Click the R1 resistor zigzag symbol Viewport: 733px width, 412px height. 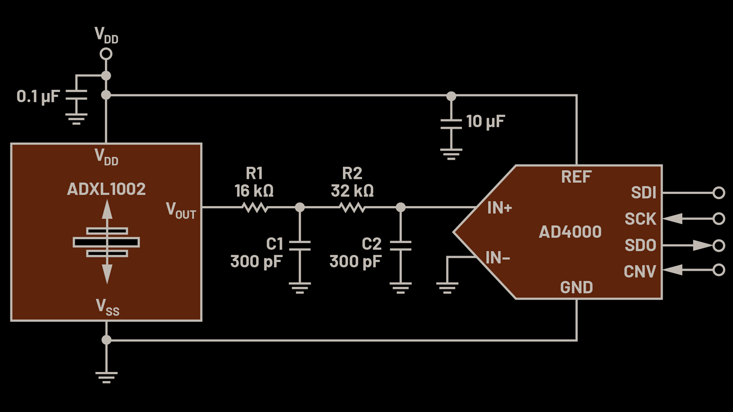coord(255,207)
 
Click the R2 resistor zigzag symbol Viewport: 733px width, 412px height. coord(352,207)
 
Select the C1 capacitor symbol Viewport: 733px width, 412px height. coord(300,246)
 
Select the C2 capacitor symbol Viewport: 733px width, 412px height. coord(400,246)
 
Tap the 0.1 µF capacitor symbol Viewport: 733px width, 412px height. coord(76,95)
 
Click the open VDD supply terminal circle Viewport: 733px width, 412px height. coord(106,54)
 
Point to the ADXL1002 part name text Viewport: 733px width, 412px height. coord(106,189)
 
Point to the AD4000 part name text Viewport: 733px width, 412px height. coord(570,232)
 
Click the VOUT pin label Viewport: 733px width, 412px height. coord(181,210)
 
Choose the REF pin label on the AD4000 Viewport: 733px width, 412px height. coord(576,177)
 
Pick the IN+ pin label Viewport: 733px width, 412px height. coord(499,208)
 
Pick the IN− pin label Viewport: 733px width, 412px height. coord(498,258)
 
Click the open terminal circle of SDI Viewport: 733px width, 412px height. coord(719,193)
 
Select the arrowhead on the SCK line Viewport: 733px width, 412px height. coord(673,219)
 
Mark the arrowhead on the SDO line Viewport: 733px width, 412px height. coord(702,246)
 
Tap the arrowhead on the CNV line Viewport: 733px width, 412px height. coord(673,270)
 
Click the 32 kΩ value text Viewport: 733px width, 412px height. coord(352,191)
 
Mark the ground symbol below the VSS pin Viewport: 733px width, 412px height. coord(106,377)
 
